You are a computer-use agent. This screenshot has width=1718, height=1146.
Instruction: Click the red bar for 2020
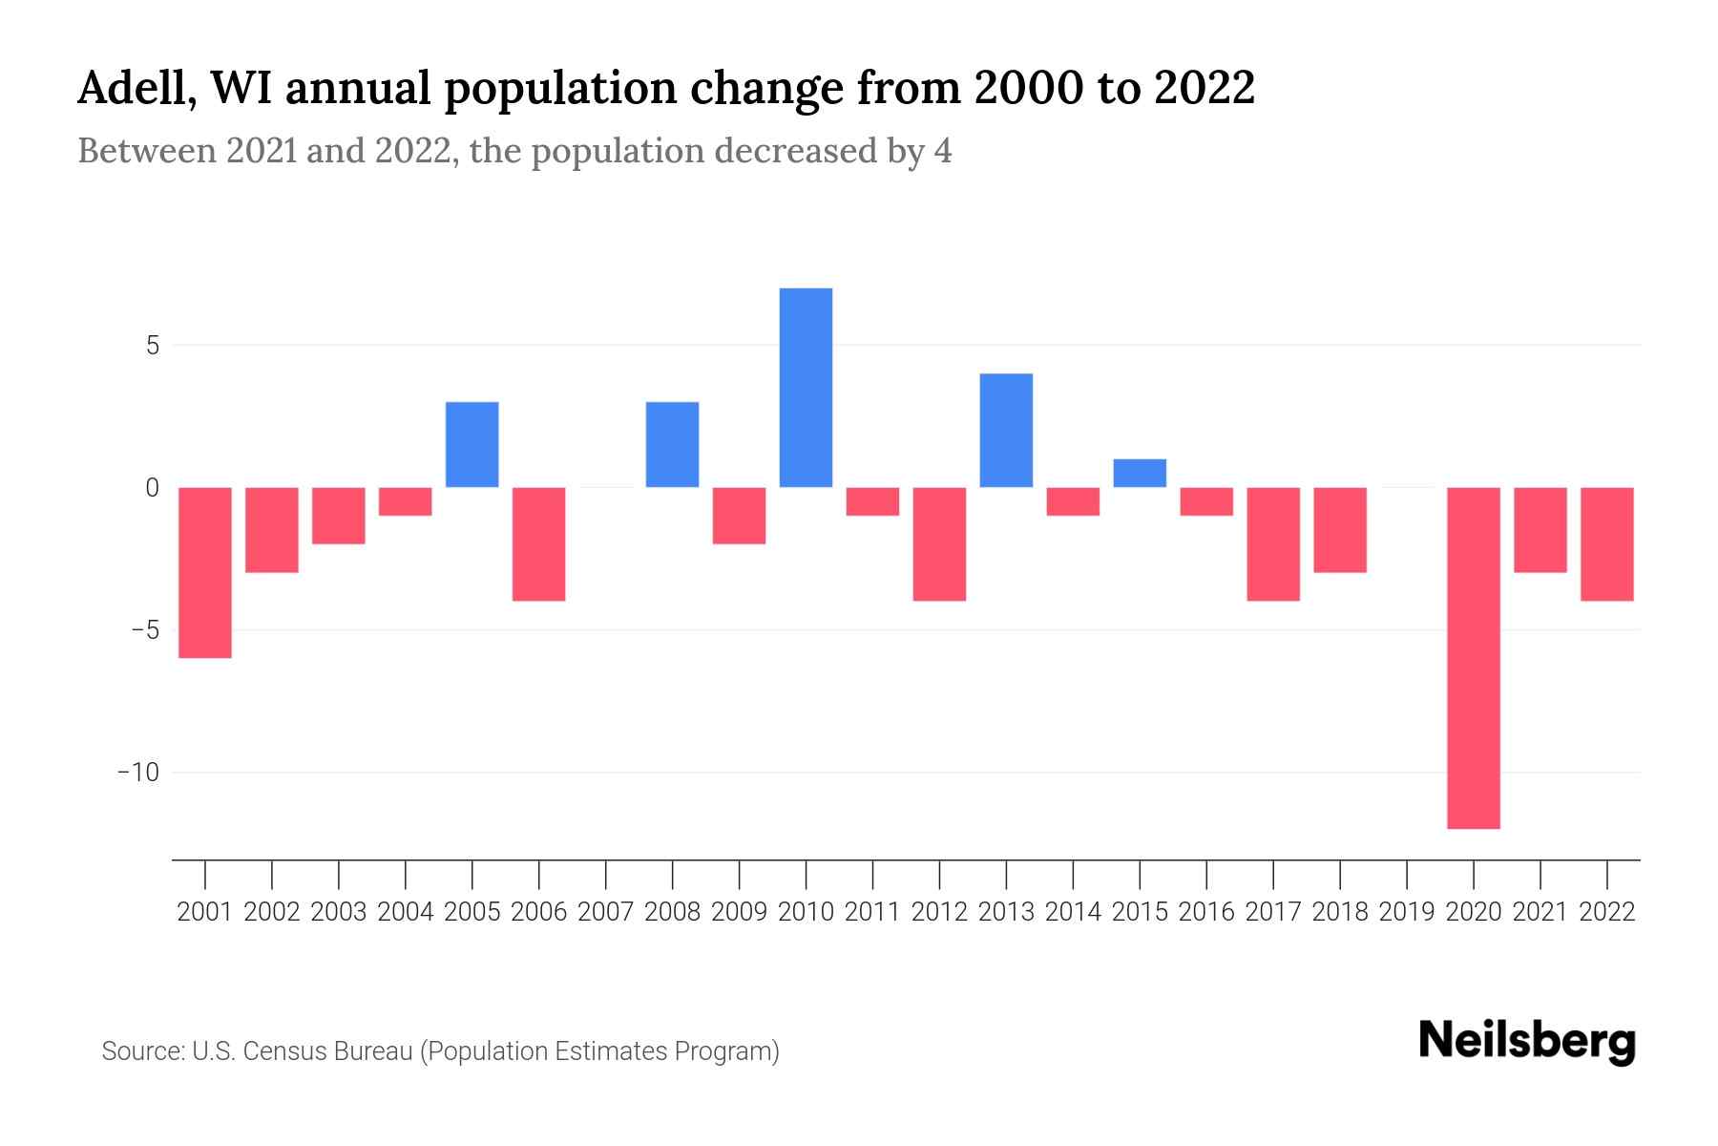coord(1474,657)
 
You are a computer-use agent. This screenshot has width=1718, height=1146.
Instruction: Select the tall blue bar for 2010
coord(806,388)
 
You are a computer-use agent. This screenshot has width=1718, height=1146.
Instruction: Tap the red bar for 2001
coord(205,572)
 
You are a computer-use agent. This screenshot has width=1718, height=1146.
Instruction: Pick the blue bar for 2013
coord(1006,431)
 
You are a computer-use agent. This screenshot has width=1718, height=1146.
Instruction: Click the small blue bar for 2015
coord(1140,474)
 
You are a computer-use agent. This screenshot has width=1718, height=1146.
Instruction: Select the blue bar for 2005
coord(472,445)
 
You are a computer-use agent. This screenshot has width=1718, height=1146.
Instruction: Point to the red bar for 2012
coord(939,543)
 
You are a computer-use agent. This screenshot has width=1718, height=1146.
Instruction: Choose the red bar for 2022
coord(1607,543)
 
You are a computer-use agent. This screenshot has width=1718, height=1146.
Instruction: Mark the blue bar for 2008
coord(673,445)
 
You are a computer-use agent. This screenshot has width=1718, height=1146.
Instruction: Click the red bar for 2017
coord(1273,543)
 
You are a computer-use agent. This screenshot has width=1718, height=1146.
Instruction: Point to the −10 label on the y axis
coord(137,772)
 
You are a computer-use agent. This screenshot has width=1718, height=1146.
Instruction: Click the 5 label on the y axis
coord(152,345)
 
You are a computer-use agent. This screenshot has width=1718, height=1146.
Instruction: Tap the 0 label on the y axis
coord(152,488)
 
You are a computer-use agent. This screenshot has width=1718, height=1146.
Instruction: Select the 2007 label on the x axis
coord(606,912)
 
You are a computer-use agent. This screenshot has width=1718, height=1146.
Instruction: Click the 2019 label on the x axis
coord(1407,912)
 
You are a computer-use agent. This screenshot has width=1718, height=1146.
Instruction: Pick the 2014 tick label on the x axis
coord(1073,912)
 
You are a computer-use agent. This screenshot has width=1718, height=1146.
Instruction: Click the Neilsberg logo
coord(1527,1041)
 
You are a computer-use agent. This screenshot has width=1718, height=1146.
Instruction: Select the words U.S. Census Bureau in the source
coord(303,1051)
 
